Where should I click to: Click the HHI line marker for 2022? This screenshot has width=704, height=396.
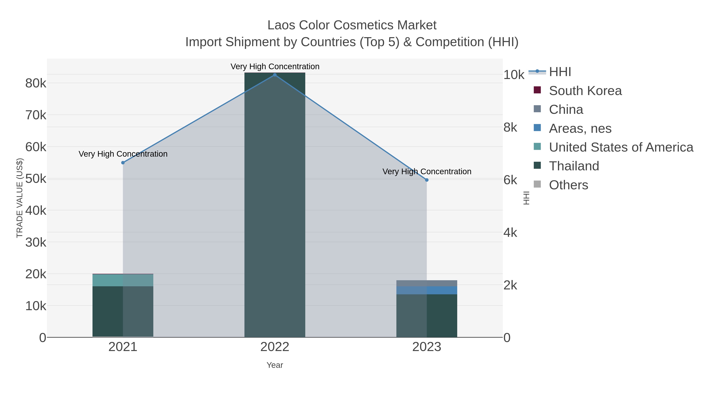tap(275, 75)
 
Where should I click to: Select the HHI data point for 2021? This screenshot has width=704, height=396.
tap(123, 163)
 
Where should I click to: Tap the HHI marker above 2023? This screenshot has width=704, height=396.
tap(427, 180)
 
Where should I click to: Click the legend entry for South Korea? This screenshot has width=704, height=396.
tap(585, 91)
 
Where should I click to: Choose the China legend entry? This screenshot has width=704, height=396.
tap(566, 110)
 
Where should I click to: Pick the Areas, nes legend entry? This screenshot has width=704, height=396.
tap(580, 128)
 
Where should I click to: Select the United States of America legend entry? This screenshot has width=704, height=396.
tap(621, 147)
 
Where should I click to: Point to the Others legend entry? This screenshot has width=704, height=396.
tap(568, 185)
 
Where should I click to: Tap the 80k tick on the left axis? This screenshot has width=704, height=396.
tap(36, 83)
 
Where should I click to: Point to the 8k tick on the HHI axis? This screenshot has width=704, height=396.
tap(510, 128)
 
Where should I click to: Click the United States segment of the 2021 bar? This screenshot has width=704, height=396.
tap(123, 280)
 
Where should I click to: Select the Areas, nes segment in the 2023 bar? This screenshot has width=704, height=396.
tap(427, 290)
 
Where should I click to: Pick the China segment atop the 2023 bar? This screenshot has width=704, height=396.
tap(427, 283)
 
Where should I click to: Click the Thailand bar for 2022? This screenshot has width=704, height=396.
tap(275, 205)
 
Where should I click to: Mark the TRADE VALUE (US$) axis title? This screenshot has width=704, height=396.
tap(20, 198)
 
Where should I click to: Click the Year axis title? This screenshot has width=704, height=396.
tap(275, 365)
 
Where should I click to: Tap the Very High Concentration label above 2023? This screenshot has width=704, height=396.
tap(427, 172)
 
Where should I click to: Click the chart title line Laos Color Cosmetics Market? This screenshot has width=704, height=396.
tap(352, 25)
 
